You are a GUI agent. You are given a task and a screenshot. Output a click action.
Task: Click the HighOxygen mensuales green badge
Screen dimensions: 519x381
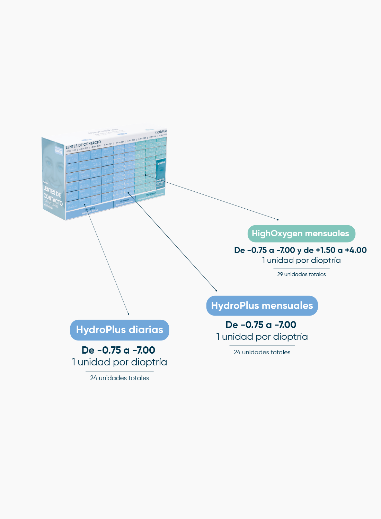[301, 234]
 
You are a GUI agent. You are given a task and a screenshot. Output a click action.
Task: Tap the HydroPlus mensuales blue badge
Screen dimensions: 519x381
[262, 306]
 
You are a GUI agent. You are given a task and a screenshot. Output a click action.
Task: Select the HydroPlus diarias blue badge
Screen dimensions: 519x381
[119, 330]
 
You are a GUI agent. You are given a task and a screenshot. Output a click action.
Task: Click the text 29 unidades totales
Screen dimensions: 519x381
[301, 274]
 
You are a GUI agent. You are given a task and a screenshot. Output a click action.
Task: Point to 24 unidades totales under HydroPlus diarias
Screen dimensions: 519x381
[119, 378]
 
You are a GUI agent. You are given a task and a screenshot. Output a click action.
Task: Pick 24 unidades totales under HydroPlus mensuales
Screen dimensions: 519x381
[262, 352]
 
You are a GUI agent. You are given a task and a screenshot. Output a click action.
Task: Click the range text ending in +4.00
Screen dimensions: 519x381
[300, 250]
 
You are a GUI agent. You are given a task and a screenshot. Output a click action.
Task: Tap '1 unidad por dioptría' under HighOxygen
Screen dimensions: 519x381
[301, 260]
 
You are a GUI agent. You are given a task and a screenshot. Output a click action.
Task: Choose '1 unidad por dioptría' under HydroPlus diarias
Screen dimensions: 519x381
[119, 362]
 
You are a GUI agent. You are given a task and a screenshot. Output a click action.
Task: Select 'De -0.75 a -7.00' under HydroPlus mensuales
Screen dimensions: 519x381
[261, 325]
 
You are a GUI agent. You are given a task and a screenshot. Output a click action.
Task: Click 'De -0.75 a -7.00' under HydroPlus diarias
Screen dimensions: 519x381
[118, 350]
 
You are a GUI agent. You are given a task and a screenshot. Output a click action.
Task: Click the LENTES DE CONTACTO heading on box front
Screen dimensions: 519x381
[83, 144]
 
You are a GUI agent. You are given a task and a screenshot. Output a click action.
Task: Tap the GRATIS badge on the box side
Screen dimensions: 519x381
[59, 151]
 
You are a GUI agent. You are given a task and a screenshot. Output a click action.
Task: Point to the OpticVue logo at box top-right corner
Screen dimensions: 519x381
[161, 132]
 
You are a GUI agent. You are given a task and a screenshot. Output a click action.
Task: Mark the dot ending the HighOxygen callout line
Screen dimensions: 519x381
[278, 219]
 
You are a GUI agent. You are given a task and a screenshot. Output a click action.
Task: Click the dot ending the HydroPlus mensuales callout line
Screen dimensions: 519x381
[216, 291]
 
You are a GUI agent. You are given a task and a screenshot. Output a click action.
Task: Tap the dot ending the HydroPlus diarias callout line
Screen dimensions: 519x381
[129, 314]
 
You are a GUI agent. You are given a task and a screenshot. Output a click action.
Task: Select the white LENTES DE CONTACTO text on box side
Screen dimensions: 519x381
[52, 195]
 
